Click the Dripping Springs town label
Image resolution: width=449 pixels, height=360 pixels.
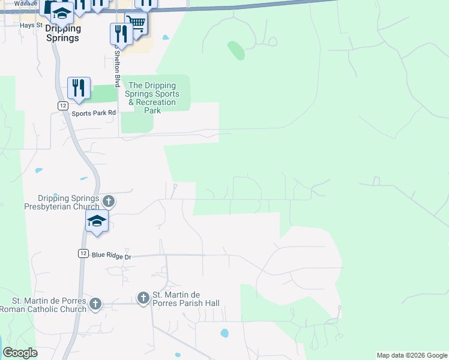62,34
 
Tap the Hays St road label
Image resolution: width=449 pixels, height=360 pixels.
31,25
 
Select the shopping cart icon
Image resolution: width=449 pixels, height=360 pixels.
136,24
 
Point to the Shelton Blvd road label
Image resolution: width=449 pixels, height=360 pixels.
118,68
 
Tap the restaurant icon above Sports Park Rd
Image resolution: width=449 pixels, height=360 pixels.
79,88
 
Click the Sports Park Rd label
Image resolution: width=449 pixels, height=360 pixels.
93,113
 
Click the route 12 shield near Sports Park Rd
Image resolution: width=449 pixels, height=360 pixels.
62,105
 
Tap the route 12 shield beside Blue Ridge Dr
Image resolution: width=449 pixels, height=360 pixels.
83,254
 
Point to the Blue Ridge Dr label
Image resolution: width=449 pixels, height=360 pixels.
111,256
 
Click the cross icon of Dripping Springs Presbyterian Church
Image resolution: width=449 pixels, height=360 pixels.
108,200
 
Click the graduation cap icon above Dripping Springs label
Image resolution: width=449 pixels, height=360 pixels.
61,11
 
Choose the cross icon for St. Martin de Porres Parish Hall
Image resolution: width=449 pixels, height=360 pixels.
143,298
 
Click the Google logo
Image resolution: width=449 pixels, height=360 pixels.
20,353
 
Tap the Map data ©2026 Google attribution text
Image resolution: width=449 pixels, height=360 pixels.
412,355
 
